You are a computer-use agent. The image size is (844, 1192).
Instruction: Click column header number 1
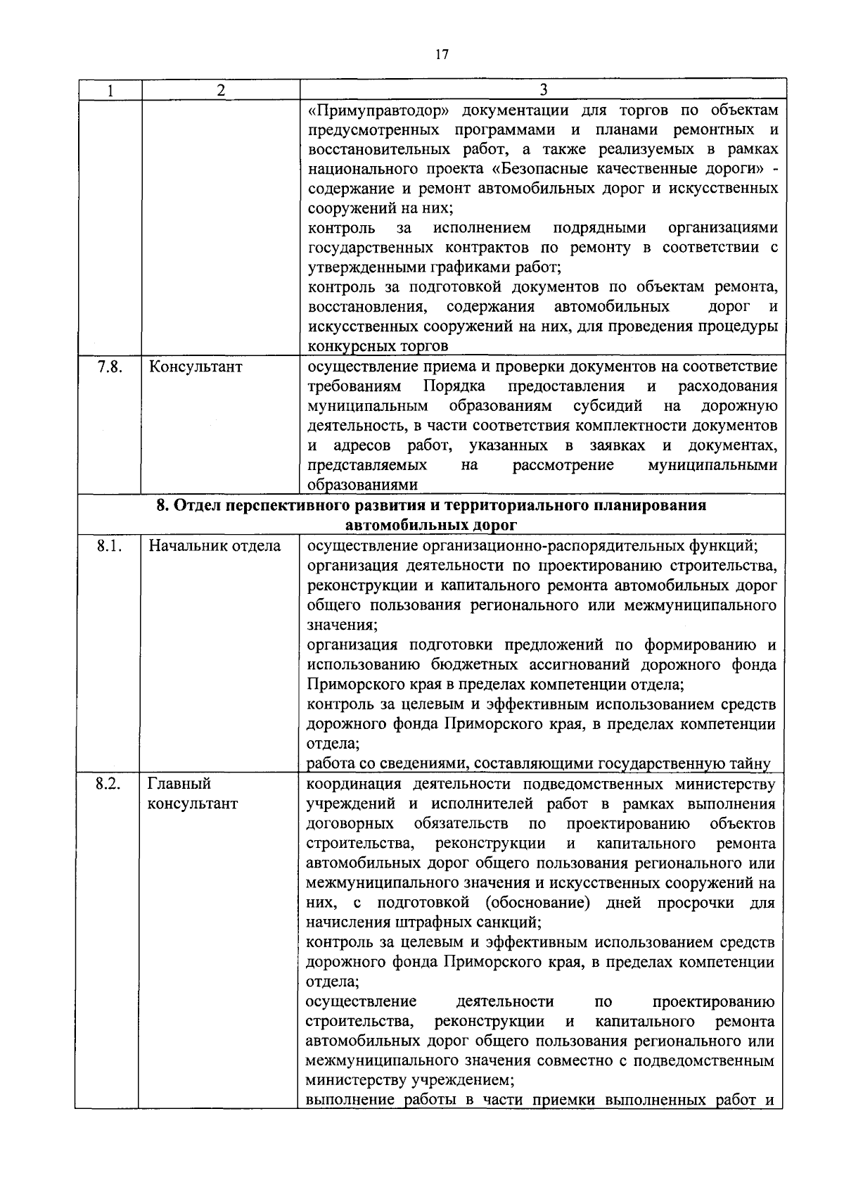(109, 90)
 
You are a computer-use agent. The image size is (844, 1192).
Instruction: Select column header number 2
(220, 90)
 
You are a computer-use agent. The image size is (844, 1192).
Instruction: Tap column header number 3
(543, 89)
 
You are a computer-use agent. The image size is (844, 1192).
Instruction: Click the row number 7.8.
(109, 367)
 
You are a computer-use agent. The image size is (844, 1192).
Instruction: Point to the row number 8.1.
(109, 546)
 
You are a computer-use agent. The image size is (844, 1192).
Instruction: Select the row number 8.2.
(109, 784)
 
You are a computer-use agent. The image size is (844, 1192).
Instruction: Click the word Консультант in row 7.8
(195, 367)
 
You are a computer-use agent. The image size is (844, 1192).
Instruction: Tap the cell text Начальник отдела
(215, 546)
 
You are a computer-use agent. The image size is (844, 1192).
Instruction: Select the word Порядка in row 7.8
(454, 386)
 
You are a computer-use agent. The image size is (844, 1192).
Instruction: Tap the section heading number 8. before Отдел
(162, 505)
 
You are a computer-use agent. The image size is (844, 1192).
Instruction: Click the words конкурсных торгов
(378, 346)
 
